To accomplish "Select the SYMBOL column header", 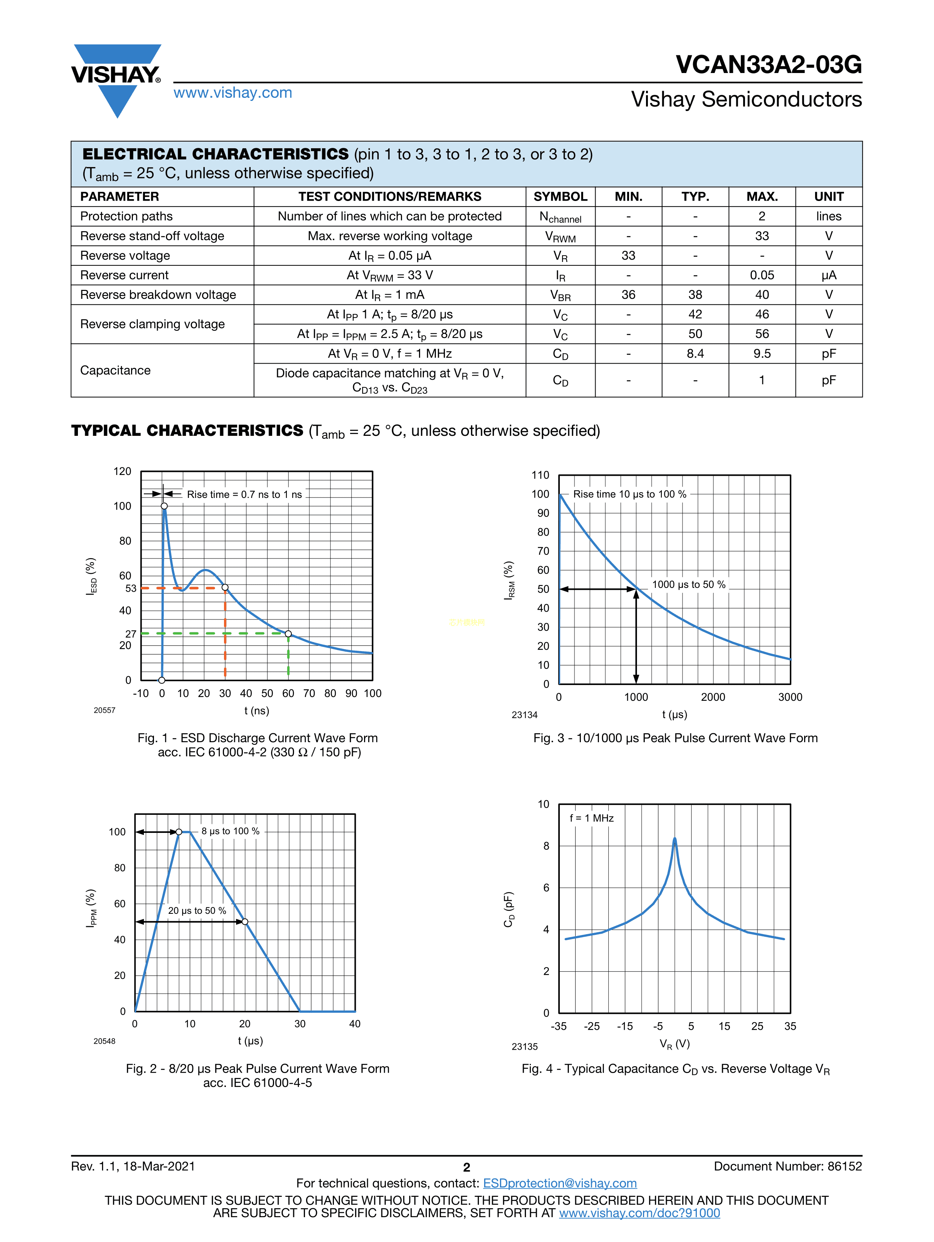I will tap(560, 196).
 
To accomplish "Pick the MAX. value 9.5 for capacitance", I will tap(762, 354).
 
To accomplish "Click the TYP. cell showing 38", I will tap(695, 295).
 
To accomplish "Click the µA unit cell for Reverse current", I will tap(829, 275).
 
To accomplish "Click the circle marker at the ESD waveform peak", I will tap(164, 506).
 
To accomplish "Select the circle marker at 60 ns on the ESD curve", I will tap(288, 634).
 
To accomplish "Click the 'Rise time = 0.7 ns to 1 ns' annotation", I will tap(244, 495).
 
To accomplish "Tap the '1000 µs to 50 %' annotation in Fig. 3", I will tap(689, 584).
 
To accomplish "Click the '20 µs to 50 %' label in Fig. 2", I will tap(197, 911).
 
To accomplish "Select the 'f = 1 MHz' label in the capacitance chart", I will tap(591, 818).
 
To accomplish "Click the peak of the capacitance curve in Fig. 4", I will tap(675, 839).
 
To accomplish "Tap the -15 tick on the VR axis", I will tap(625, 1026).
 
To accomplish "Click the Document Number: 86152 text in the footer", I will tap(788, 1166).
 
